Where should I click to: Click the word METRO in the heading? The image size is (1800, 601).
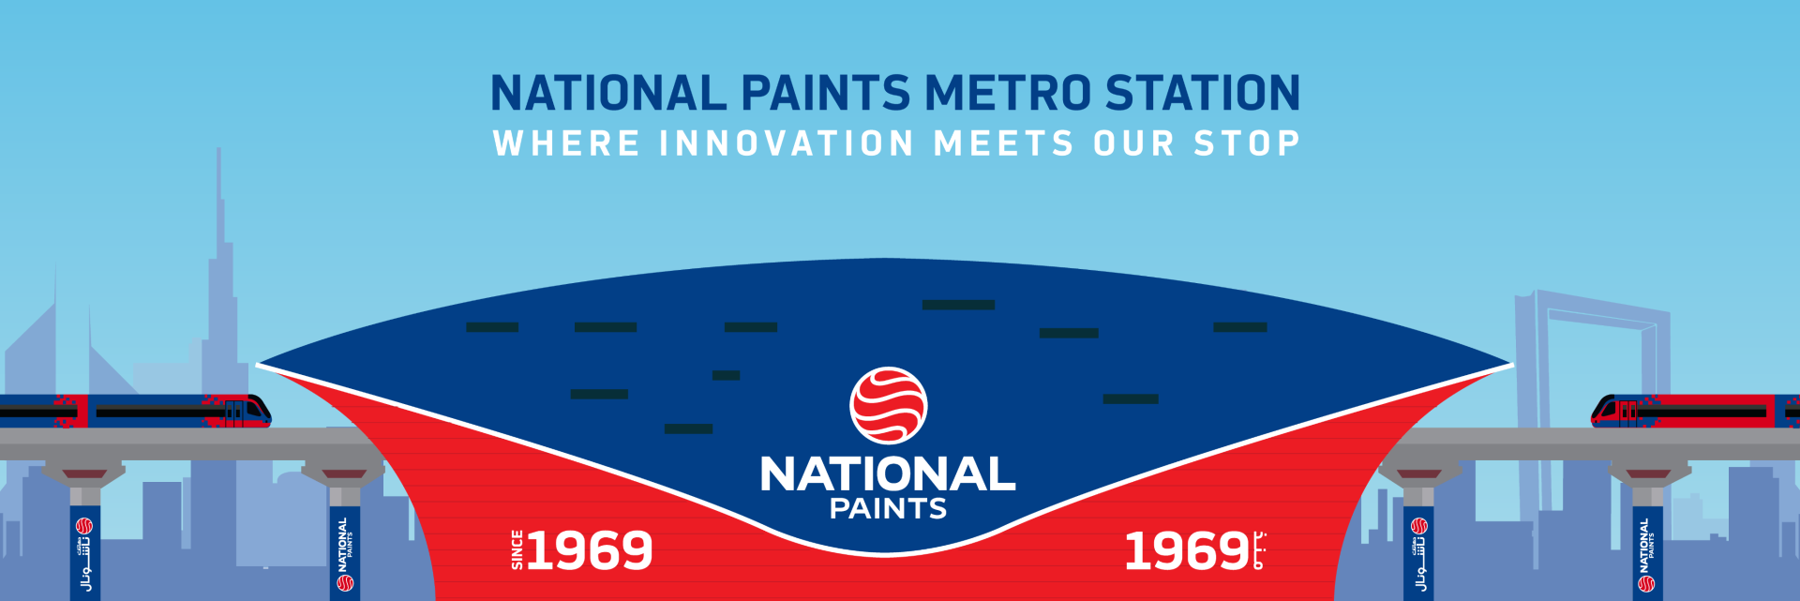coord(1008,94)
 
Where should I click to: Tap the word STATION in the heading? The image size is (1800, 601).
coord(1203,94)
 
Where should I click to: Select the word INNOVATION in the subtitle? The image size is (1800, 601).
coord(787,144)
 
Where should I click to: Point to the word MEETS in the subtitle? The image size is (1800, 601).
coord(1004,144)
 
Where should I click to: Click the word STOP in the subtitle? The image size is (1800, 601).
coord(1247,144)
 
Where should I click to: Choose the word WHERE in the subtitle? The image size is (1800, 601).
coord(566,144)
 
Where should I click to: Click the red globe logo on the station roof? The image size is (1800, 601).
coord(888,405)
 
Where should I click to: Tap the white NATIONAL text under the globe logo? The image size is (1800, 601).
coord(888,474)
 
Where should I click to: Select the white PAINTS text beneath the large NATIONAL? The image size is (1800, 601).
coord(888,509)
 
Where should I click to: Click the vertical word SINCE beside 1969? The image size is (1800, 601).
coord(517,549)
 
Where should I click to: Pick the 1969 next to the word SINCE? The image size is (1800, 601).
coord(590,550)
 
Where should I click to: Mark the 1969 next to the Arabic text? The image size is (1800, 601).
coord(1186,550)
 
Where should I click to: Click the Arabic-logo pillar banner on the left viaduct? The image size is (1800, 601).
coord(84,553)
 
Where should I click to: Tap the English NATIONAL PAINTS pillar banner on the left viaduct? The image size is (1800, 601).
coord(344,553)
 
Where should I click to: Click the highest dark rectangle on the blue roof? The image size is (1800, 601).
coord(958,305)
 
